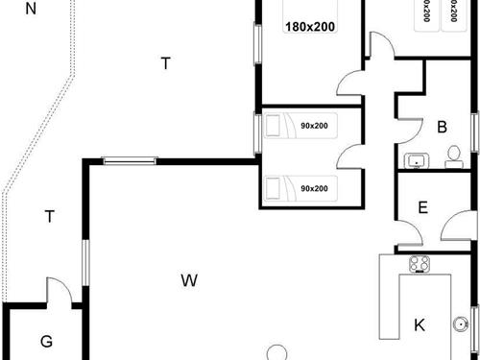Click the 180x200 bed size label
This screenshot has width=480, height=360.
pos(309,27)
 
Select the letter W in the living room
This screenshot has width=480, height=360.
pos(189,280)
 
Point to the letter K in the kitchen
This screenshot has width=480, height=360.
pos(420,324)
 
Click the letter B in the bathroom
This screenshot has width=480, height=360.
pos(443,127)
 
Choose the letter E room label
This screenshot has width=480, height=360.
pos(423,208)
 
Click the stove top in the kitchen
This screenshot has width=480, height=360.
pos(419,264)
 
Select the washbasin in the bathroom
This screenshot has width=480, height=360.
pos(417,159)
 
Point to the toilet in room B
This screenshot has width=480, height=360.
pos(453,156)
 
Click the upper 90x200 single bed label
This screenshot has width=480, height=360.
pos(313,126)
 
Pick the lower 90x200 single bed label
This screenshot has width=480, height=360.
pos(313,188)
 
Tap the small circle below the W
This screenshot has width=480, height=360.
pos(277,353)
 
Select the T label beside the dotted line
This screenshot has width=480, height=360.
pos(49,217)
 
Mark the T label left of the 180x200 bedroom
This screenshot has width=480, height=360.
pos(165,63)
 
